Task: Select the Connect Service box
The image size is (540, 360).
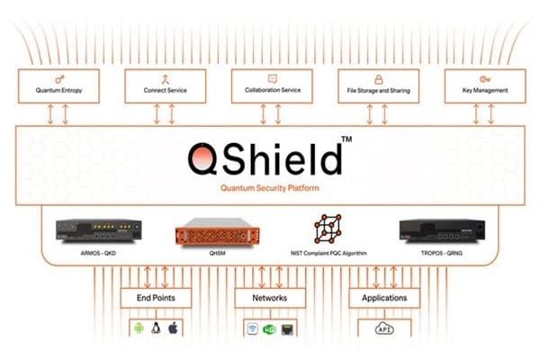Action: (x=164, y=85)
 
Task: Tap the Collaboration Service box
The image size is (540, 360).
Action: (x=269, y=85)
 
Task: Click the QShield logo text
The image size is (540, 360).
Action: (x=265, y=159)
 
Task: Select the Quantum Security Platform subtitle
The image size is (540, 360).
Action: (x=269, y=189)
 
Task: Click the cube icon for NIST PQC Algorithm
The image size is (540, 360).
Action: (x=328, y=229)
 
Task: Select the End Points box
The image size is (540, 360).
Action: (x=155, y=298)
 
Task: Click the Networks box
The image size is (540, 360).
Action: (x=269, y=298)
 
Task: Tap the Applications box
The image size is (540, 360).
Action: (x=384, y=298)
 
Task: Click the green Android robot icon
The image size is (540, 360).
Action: (x=138, y=328)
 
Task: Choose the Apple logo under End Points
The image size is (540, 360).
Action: (x=173, y=328)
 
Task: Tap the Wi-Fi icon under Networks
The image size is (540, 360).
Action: (x=252, y=329)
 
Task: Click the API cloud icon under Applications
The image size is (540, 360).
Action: (x=384, y=330)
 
